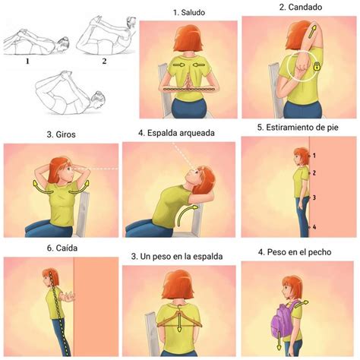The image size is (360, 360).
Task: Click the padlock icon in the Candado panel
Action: click(316, 67)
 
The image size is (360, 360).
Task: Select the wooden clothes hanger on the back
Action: click(179, 318)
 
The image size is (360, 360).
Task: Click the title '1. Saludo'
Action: click(189, 12)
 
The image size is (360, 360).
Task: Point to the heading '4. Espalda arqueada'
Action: click(176, 133)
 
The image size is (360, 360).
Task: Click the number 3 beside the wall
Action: click(314, 197)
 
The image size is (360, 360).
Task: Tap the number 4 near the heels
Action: click(314, 227)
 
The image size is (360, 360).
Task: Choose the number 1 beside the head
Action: click(314, 156)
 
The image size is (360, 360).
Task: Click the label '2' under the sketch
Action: click(104, 61)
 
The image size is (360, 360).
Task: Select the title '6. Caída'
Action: click(62, 248)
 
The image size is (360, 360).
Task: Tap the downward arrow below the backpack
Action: click(279, 341)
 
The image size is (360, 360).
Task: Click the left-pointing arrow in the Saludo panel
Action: click(199, 65)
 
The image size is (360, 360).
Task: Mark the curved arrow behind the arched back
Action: click(186, 215)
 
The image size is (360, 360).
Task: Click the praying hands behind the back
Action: click(188, 82)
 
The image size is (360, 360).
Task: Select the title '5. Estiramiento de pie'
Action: click(298, 128)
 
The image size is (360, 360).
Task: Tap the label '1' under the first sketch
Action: click(27, 61)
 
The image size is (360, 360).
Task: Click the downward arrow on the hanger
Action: click(179, 322)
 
